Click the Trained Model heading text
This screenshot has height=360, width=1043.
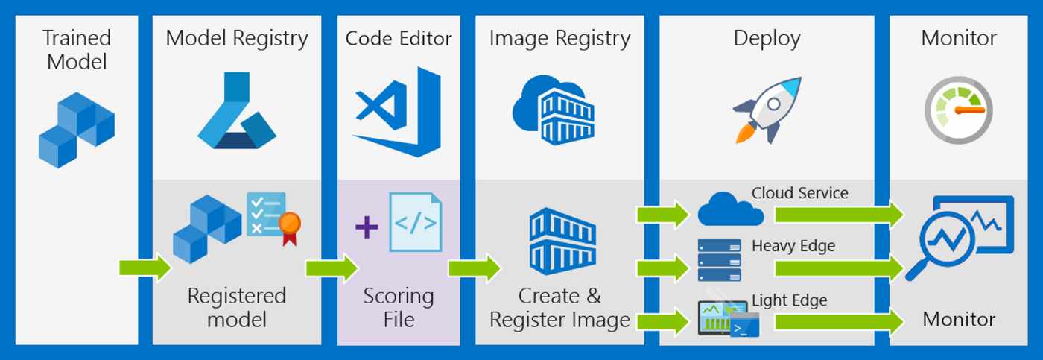pos(77,49)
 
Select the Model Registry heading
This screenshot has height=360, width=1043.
pos(237,39)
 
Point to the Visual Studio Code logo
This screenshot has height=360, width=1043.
pos(399,112)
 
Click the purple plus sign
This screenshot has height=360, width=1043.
pos(367,227)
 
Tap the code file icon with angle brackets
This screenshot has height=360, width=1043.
pos(416,222)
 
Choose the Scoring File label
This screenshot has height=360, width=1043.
pos(399,308)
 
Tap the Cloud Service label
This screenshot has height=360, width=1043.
pos(799,193)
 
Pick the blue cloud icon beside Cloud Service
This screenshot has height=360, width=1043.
pos(729,210)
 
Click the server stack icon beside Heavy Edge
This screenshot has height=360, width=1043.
pos(720,260)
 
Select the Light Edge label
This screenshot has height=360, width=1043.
pos(789,300)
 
